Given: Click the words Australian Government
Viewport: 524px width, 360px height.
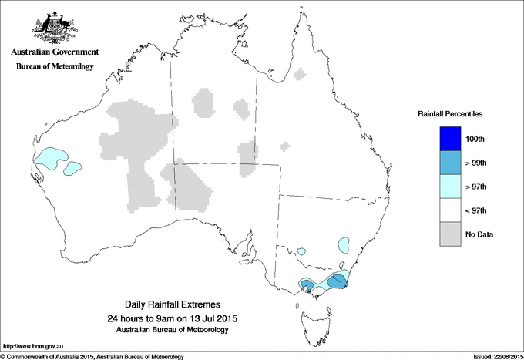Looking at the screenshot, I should click(x=55, y=52).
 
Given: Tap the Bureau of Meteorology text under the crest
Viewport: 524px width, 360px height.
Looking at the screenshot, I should click(x=55, y=67).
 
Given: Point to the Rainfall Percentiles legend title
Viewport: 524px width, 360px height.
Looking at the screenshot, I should click(x=450, y=114).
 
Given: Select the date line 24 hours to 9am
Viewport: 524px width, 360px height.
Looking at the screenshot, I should click(x=173, y=319).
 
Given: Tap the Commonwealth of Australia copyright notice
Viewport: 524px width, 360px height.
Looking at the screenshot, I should click(x=92, y=356).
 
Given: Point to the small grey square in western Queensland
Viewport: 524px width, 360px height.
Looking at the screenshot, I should click(x=286, y=145).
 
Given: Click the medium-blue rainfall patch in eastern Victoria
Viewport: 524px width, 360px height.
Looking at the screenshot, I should click(x=337, y=281).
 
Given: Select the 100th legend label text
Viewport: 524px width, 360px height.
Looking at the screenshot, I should click(x=475, y=139).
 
